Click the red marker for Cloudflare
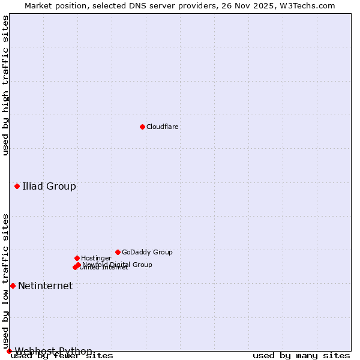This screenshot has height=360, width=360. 142,127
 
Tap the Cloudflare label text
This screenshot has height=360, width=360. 163,127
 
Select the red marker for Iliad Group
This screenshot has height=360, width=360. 17,186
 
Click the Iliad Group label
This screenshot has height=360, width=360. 49,186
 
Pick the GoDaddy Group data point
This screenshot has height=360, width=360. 118,252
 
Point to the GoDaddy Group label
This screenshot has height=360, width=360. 147,252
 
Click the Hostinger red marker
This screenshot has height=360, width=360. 77,258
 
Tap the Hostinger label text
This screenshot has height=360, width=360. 96,258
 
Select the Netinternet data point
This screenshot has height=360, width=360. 13,286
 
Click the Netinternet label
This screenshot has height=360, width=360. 45,286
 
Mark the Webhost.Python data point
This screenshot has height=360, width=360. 9,351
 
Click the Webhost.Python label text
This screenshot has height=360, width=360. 53,351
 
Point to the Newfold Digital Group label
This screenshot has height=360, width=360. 118,265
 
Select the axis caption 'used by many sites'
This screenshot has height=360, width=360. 301,355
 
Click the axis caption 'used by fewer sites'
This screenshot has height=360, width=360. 62,355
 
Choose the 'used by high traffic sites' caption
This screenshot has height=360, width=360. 5,86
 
